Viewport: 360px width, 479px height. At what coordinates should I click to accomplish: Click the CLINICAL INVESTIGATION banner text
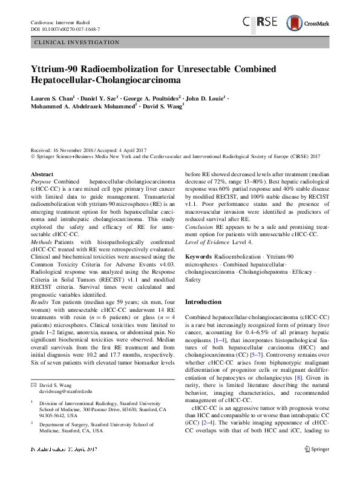click(77, 42)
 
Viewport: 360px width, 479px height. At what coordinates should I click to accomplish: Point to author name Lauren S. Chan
click(53, 97)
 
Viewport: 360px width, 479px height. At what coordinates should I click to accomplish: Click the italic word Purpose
click(41, 182)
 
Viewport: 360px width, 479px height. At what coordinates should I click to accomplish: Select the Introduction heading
click(203, 302)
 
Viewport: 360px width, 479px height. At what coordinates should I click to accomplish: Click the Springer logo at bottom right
click(318, 467)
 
